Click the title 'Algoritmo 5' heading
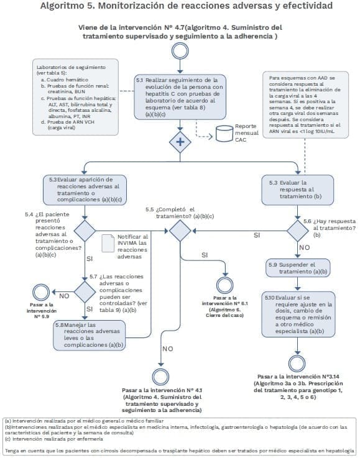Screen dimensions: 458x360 (180, 7)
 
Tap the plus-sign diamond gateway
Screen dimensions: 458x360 (180, 142)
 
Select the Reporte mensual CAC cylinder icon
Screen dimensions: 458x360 (223, 134)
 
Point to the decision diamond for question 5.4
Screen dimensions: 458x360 (85, 230)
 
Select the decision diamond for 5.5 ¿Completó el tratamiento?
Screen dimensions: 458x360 (180, 231)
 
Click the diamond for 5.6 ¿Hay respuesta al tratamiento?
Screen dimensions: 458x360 (300, 231)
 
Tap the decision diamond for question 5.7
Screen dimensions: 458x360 (85, 290)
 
